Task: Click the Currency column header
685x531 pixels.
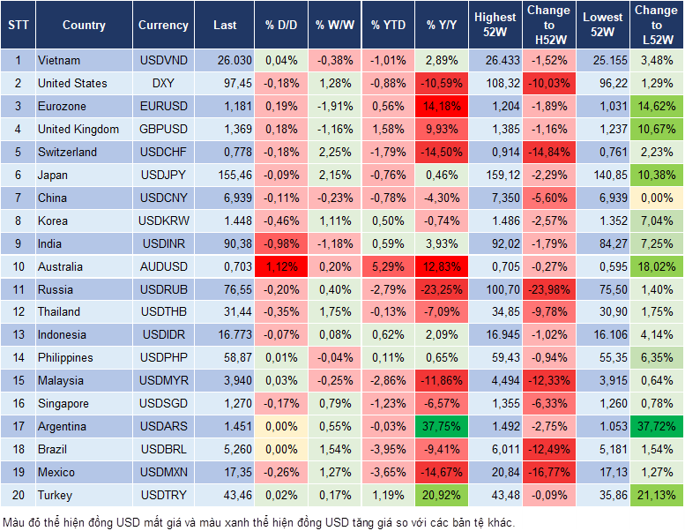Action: point(163,25)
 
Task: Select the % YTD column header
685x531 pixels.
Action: point(388,25)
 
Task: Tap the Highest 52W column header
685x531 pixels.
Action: point(495,25)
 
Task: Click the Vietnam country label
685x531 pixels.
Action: point(59,61)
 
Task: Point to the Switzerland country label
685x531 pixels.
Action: point(68,152)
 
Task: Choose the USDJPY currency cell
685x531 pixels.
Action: point(163,175)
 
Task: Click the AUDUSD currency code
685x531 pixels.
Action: point(163,266)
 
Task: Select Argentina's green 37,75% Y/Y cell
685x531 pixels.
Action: point(443,426)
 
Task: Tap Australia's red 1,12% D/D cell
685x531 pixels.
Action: point(281,266)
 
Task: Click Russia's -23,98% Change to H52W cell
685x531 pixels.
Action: point(548,289)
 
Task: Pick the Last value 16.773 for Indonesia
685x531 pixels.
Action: point(224,335)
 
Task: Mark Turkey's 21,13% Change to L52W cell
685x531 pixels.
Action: point(658,495)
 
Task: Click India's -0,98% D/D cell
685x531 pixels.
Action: point(281,243)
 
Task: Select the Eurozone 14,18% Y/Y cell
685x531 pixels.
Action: point(443,106)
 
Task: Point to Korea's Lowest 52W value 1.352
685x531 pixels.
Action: point(604,221)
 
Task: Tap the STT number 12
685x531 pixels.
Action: point(17,312)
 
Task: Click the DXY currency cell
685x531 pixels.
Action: point(163,83)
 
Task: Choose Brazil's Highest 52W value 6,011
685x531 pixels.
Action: point(495,449)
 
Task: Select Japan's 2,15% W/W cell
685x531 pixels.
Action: point(334,175)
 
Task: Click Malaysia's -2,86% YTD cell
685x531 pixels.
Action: point(388,380)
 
